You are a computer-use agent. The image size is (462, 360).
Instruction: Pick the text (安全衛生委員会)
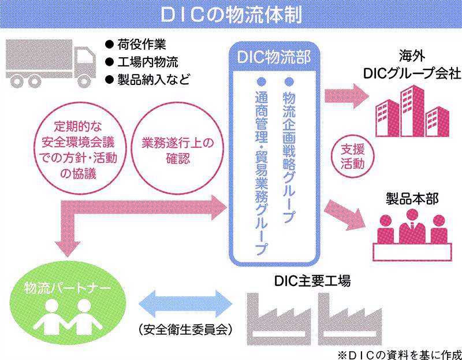185,330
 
